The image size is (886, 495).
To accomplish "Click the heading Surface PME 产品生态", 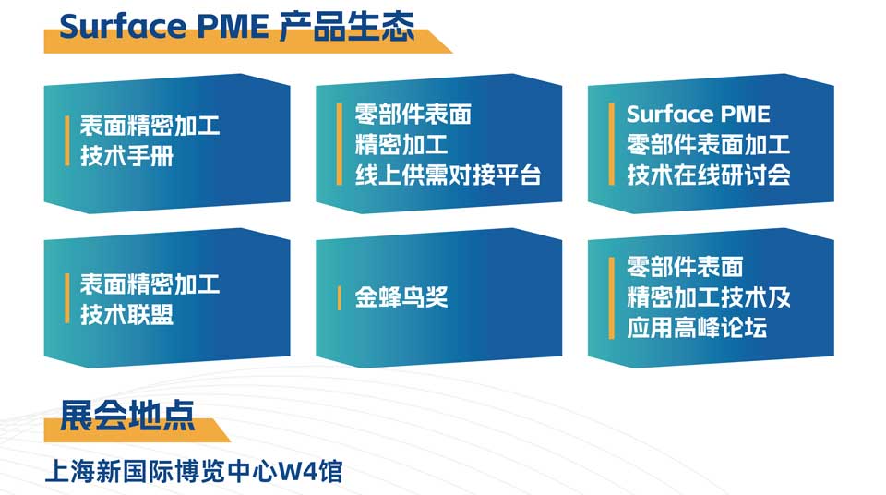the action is (237, 27).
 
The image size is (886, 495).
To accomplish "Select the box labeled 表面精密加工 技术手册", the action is (167, 144).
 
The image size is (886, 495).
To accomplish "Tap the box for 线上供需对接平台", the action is (439, 144).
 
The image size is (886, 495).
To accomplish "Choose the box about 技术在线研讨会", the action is (711, 144).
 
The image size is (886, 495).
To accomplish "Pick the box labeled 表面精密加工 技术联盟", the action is (167, 298).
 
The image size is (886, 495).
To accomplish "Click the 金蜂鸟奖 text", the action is (401, 297).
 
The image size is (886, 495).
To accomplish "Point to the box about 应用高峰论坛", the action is (711, 298).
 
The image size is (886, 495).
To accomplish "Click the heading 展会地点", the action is (127, 417).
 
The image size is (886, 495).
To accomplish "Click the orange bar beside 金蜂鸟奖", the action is (339, 298).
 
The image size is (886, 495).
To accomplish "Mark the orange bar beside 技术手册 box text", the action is (67, 141).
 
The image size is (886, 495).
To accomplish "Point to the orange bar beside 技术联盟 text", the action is (67, 298).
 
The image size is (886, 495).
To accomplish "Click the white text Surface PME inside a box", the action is (699, 115).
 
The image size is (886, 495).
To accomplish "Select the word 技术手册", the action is (126, 156).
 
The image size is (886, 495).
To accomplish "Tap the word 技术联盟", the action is (126, 314).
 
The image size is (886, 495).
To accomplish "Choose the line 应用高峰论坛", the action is (697, 328).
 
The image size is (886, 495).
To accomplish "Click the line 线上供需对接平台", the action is (449, 175).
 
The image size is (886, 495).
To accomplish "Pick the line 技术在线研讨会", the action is (709, 175).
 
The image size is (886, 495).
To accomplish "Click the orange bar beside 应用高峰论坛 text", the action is (611, 298).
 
